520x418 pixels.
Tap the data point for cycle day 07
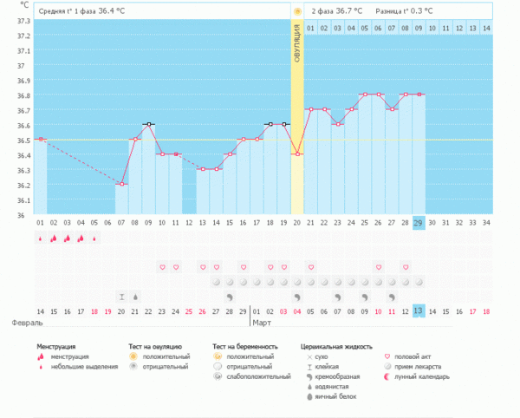click(122, 184)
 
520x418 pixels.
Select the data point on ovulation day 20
click(297, 154)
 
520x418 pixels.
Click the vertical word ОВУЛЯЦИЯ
click(297, 51)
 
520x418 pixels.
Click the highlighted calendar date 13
click(419, 310)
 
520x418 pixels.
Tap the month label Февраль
click(26, 323)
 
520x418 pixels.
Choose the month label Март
click(261, 323)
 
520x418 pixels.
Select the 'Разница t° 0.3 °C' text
click(405, 11)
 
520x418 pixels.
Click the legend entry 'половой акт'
click(418, 356)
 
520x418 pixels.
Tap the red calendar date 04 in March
click(297, 310)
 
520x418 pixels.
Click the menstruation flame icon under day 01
click(40, 238)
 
